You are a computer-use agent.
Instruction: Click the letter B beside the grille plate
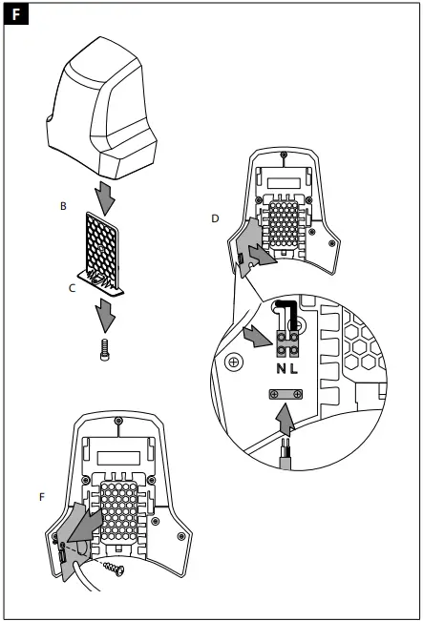point(63,205)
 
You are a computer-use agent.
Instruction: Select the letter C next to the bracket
point(72,285)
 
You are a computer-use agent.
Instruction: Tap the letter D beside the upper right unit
point(215,218)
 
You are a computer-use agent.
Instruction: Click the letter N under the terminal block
point(282,368)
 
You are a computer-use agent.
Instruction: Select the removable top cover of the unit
point(104,111)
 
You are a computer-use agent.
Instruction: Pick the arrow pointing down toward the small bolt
point(102,312)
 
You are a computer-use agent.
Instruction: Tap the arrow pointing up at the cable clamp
point(285,420)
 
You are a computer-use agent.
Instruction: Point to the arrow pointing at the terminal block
point(259,338)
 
